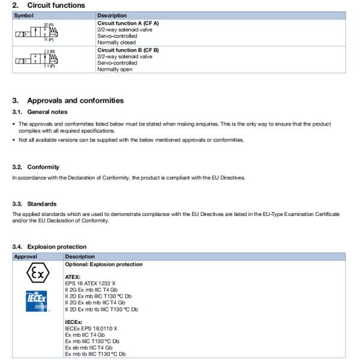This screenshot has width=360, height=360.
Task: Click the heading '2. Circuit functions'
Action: pos(49,5)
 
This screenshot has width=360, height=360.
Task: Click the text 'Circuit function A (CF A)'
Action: pos(128,23)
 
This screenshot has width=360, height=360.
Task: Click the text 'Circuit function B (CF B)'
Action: pos(128,50)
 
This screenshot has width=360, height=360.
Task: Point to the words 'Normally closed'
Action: pos(116,43)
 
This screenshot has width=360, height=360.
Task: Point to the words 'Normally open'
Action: pos(115,70)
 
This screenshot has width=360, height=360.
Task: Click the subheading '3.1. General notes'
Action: pos(40,112)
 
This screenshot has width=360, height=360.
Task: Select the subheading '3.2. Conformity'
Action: pos(36,167)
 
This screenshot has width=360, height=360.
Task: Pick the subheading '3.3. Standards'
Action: pos(35,204)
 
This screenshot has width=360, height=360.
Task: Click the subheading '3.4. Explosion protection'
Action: pos(49,247)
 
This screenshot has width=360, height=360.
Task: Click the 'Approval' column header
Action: pos(26,256)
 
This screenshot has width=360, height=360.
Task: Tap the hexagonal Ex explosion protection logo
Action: pos(37,275)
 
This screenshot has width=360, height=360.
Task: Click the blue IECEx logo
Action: pos(37,302)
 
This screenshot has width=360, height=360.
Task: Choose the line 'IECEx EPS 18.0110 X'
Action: pos(91,328)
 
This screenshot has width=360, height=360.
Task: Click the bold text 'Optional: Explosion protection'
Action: pos(104,264)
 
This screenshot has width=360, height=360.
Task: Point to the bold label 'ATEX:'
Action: pos(73,277)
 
